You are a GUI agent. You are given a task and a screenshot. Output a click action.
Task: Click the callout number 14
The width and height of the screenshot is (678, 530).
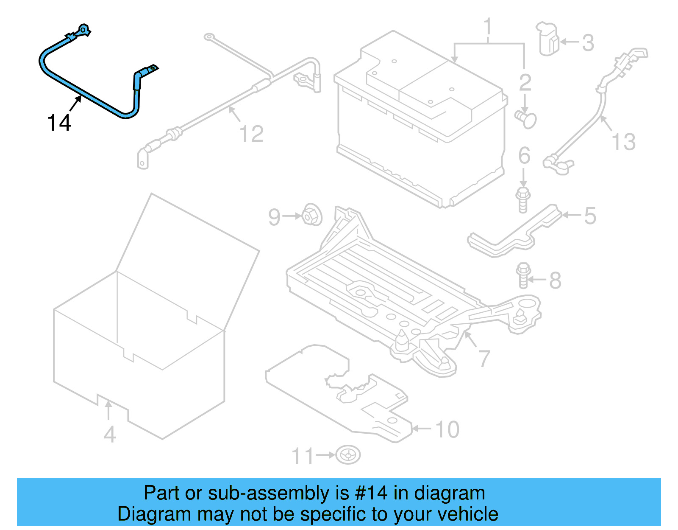click(x=59, y=123)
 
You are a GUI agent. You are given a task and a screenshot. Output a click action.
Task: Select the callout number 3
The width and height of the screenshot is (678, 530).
click(x=588, y=42)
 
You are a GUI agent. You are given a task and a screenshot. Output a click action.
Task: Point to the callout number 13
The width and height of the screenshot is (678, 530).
click(x=624, y=141)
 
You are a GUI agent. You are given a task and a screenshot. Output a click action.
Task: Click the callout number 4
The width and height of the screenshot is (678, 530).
click(x=110, y=434)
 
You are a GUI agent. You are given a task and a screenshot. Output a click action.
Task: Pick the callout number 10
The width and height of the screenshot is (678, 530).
click(x=447, y=429)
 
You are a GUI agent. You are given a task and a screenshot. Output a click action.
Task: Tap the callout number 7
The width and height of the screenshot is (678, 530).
click(x=485, y=359)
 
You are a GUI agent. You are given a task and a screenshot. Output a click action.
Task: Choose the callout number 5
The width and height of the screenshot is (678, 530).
click(x=590, y=216)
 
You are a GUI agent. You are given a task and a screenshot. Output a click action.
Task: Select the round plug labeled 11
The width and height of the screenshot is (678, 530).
click(x=348, y=455)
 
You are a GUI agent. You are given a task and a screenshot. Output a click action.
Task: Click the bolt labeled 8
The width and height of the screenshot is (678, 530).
click(x=524, y=275)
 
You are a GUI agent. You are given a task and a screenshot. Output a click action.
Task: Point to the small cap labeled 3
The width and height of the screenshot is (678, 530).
click(x=548, y=39)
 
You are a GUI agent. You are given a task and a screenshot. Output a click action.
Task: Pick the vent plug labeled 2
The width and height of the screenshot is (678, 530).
click(x=526, y=118)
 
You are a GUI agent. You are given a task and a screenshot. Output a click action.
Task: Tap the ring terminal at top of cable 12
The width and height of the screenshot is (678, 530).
click(x=209, y=37)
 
